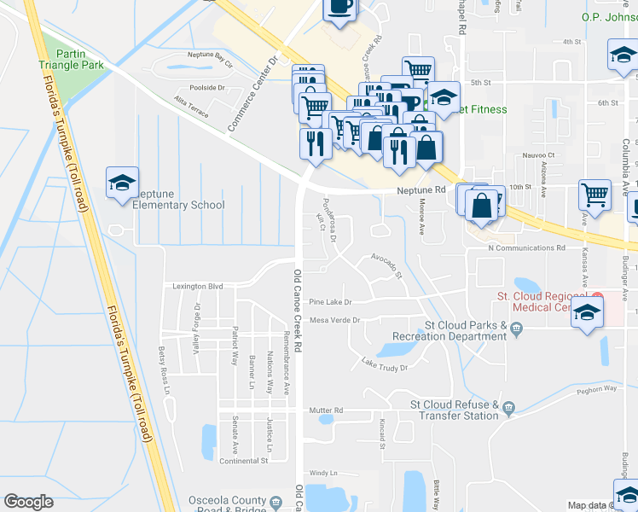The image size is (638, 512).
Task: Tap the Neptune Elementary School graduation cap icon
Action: coord(122,182)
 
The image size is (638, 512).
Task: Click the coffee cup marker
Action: coord(341,8)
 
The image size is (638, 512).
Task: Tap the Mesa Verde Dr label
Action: coord(335,321)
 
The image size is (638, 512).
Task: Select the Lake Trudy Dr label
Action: coord(385,366)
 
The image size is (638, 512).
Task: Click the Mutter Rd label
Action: coord(326,410)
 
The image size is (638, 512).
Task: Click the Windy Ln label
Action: coord(323,473)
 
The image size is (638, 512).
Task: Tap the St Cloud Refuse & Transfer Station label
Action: coord(455,410)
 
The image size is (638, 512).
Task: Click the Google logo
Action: coord(28,502)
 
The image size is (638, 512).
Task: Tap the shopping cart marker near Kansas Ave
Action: coord(594,194)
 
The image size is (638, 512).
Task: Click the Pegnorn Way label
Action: coord(594,388)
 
